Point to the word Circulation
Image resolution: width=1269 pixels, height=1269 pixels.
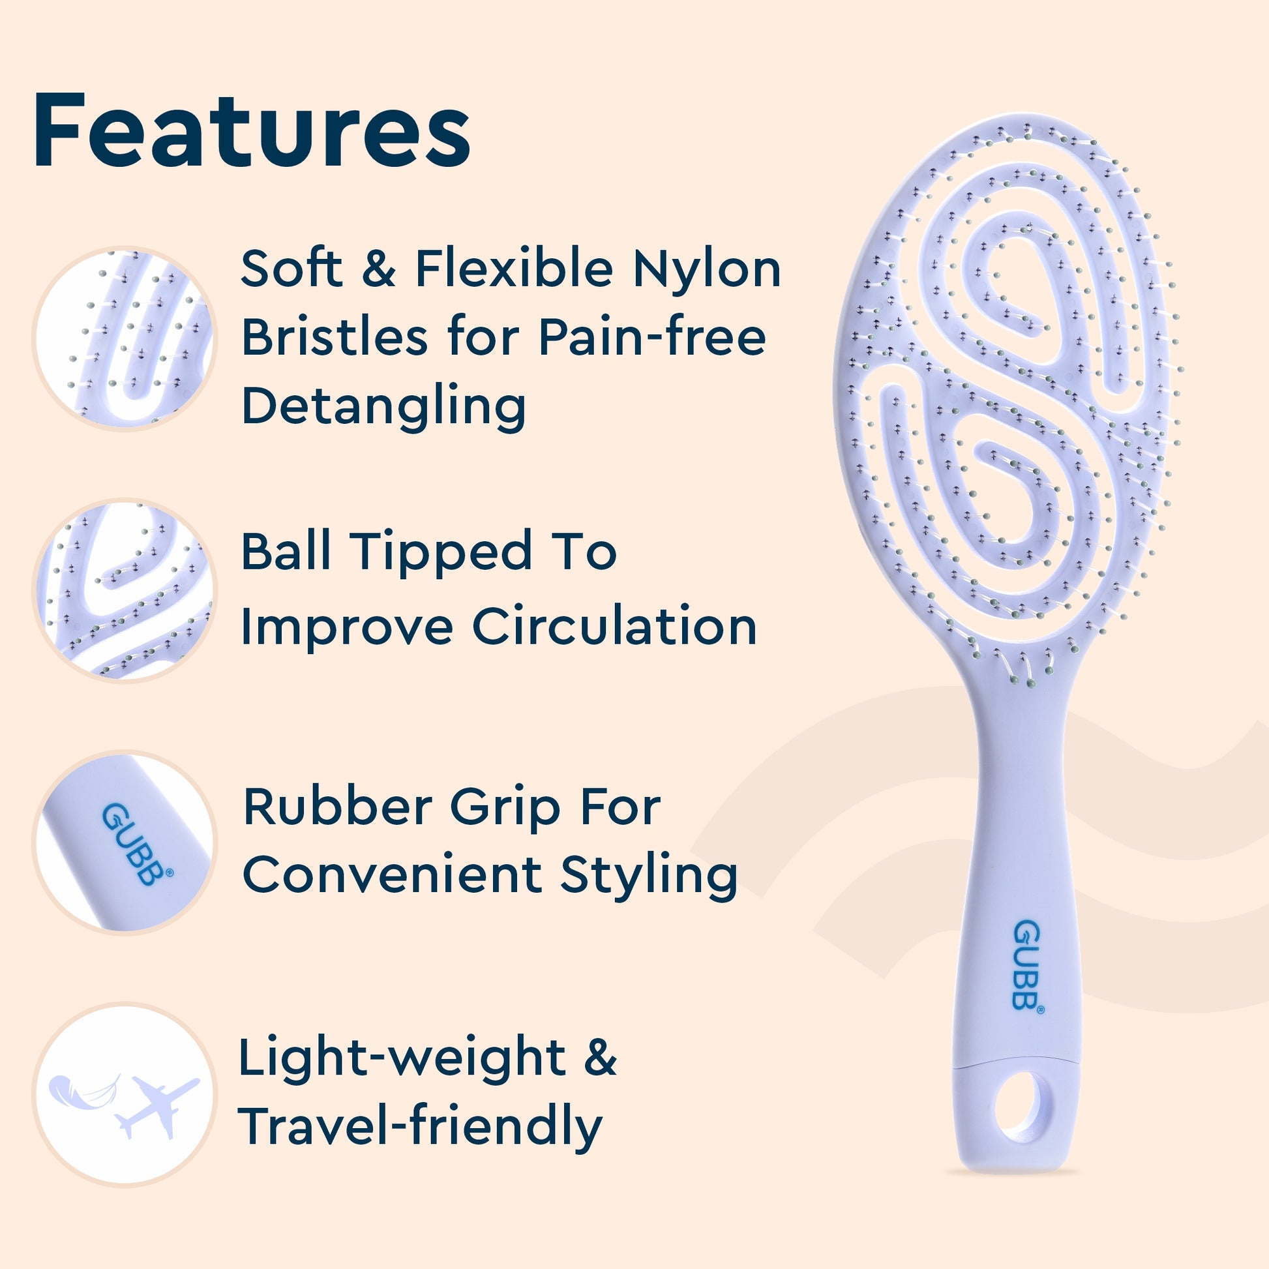(614, 626)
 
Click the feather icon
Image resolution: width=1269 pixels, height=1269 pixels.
(84, 1091)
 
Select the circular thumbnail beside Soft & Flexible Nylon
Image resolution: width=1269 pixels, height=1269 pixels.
(124, 339)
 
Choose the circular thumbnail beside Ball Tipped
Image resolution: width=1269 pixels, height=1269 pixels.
(124, 590)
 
